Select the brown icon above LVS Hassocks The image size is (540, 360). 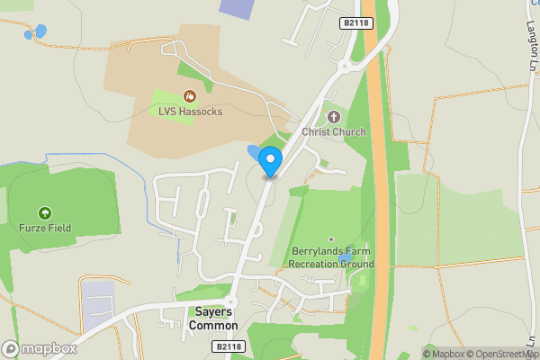[x=189, y=95]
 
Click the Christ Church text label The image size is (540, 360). [x=334, y=132]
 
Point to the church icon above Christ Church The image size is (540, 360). [x=334, y=116]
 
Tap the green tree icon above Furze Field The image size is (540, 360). [x=43, y=213]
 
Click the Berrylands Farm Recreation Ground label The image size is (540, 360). [x=330, y=257]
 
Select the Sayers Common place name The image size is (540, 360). [x=213, y=319]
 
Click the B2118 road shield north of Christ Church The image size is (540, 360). [x=356, y=22]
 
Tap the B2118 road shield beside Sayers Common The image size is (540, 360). [x=229, y=346]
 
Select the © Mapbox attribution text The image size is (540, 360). [x=447, y=354]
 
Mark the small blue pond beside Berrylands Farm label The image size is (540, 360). [x=345, y=259]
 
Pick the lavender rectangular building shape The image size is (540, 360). [x=237, y=8]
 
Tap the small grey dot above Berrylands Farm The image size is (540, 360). [x=330, y=239]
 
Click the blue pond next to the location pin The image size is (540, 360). [x=251, y=151]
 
